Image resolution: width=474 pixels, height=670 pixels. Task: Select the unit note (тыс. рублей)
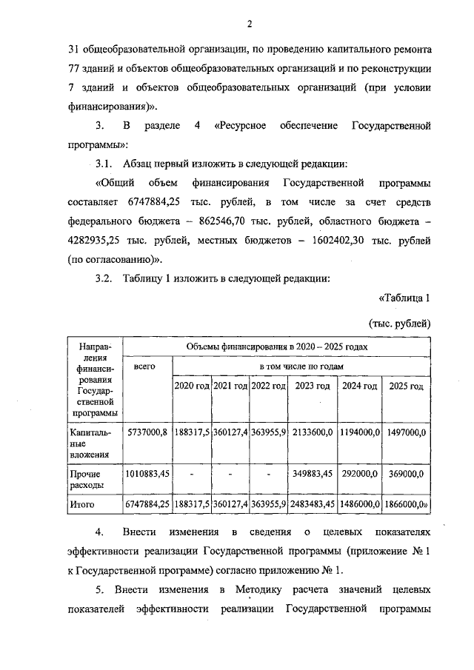(399, 324)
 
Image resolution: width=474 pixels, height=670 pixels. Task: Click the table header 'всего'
(147, 366)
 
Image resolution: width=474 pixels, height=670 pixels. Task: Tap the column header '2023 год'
(313, 386)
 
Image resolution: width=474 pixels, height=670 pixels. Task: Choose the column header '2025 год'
(406, 386)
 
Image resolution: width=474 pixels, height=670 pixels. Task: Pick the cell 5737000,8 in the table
(147, 432)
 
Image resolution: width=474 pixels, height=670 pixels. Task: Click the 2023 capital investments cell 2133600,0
(313, 432)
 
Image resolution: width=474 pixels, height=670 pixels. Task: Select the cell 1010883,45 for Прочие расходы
(147, 473)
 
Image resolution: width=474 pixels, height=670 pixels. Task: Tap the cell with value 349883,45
(313, 473)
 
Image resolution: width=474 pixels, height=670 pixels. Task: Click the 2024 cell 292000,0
(359, 473)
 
